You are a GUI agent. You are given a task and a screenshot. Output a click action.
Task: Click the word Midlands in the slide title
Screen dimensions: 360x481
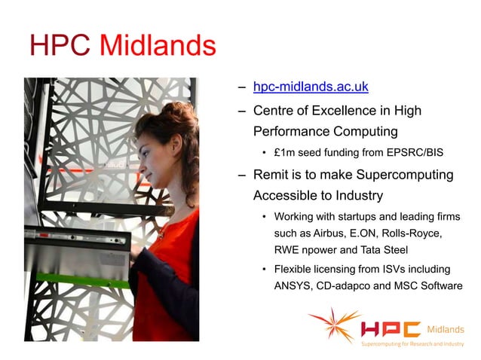point(158,47)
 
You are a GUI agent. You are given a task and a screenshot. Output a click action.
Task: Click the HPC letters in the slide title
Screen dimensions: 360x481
point(60,47)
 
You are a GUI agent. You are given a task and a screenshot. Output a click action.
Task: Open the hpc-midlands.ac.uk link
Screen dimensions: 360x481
point(311,87)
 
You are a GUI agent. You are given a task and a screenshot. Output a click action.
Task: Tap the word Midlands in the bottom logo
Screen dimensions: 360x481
point(446,329)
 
